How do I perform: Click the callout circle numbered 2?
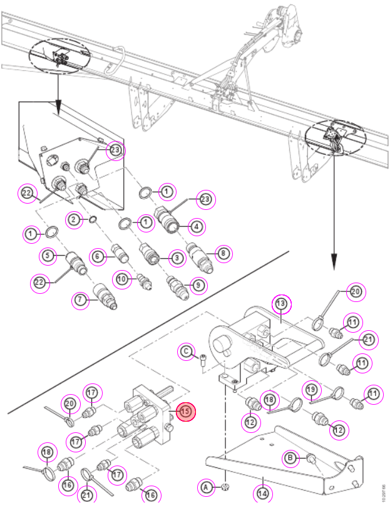click(74, 220)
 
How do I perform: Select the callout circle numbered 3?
click(177, 258)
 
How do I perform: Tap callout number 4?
click(197, 227)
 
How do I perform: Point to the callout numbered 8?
click(223, 254)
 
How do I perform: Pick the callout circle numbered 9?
click(198, 285)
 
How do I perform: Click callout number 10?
click(122, 279)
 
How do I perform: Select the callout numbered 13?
click(281, 303)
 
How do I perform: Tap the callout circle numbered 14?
click(263, 493)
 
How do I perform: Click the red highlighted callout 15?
click(185, 411)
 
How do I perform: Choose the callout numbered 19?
click(311, 390)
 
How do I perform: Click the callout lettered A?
click(206, 487)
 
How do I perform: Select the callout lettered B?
click(290, 457)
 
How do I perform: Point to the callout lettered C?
click(187, 351)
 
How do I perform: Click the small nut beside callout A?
click(225, 486)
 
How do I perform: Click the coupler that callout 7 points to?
click(105, 295)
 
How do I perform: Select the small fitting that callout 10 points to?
click(145, 281)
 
